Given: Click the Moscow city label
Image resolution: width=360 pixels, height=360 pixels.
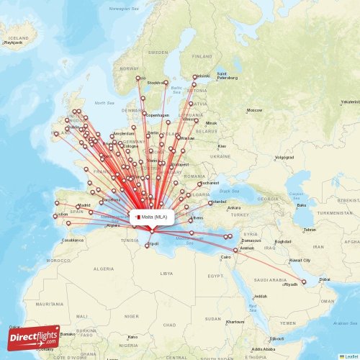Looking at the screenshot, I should click(254, 110).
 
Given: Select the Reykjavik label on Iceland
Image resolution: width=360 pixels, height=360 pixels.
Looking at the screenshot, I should click(14, 43).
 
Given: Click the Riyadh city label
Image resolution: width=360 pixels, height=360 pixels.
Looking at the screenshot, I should click(290, 285).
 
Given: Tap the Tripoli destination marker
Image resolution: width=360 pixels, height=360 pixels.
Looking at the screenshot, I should click(148, 246).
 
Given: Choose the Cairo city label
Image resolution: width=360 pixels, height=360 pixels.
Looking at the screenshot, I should click(225, 256).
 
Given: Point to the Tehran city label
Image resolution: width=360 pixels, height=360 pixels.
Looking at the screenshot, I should click(309, 230).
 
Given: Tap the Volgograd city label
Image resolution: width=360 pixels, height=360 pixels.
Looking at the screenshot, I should click(284, 156).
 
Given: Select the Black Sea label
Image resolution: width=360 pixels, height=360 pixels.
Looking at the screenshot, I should click(229, 191).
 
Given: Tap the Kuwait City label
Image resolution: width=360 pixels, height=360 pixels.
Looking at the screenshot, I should click(300, 260).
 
